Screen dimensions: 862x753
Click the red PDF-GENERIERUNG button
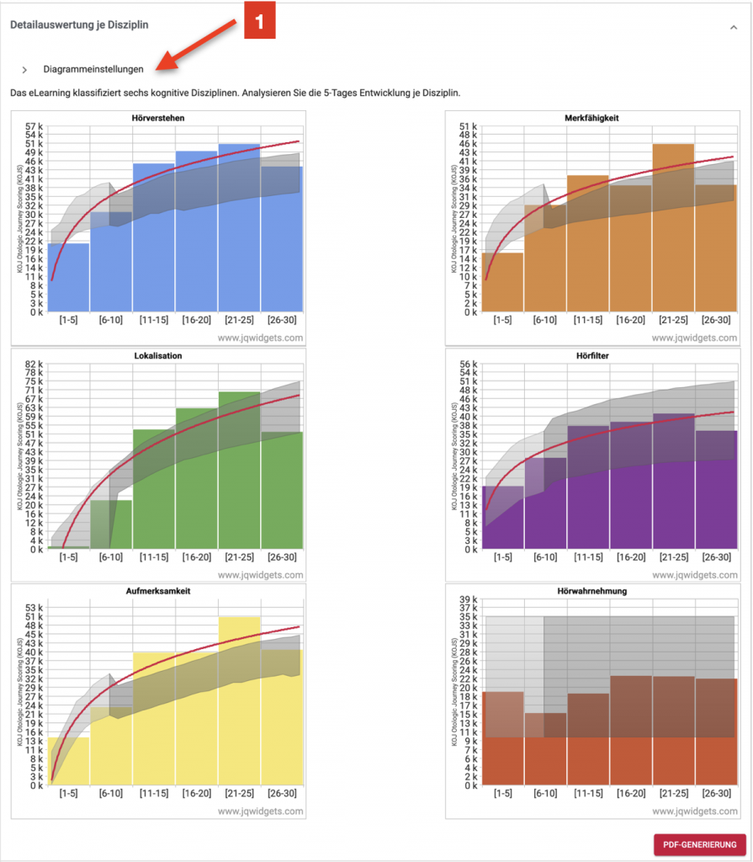[699, 844]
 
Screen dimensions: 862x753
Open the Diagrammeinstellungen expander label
[93, 69]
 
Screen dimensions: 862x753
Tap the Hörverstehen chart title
[158, 118]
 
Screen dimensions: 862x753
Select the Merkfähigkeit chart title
[592, 119]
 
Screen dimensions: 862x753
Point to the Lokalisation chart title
[158, 356]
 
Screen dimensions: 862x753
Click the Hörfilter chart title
[593, 356]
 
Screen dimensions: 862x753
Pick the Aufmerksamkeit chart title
[158, 592]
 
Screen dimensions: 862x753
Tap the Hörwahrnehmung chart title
[593, 592]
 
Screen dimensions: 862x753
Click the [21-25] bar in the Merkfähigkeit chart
[673, 227]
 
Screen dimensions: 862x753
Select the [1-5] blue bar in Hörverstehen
[68, 277]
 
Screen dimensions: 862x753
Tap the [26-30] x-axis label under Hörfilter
[716, 557]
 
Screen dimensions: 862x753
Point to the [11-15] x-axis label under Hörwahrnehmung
[587, 793]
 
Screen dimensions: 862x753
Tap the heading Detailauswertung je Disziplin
[79, 25]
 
